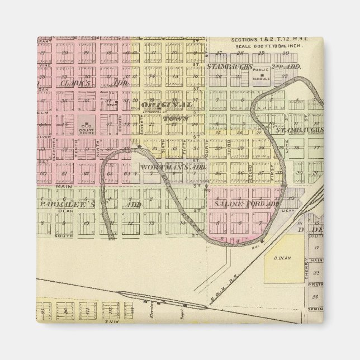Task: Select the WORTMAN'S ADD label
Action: click(173, 167)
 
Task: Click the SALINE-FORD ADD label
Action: click(246, 205)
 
